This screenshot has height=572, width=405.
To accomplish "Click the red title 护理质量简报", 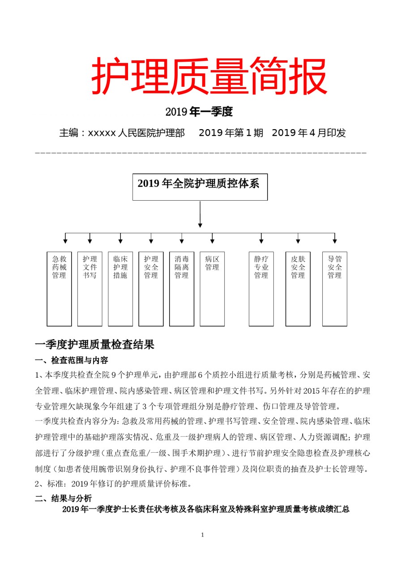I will pyautogui.click(x=209, y=76).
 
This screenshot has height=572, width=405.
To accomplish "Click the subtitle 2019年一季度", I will pyautogui.click(x=199, y=112).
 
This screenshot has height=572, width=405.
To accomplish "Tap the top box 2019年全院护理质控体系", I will pyautogui.click(x=200, y=186).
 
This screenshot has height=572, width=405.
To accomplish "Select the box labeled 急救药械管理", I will pyautogui.click(x=59, y=289).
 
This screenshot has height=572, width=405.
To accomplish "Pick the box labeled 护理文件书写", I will pyautogui.click(x=90, y=289).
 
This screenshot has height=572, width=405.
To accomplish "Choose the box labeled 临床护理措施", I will pyautogui.click(x=120, y=289).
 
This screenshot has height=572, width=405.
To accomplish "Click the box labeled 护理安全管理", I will pyautogui.click(x=151, y=289).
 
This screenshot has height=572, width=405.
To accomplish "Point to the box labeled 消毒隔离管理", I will pyautogui.click(x=182, y=289).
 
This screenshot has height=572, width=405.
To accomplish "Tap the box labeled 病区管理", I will pyautogui.click(x=212, y=289).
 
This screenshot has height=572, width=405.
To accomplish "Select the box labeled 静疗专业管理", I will pyautogui.click(x=261, y=289).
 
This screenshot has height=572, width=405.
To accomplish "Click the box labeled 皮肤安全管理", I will pyautogui.click(x=298, y=289).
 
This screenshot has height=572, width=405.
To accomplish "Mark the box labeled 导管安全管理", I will pyautogui.click(x=335, y=289).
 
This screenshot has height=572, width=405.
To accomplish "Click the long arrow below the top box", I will pyautogui.click(x=200, y=214).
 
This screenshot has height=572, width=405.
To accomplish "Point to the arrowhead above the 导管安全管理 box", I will pyautogui.click(x=335, y=241).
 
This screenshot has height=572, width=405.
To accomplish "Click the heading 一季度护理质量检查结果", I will pyautogui.click(x=94, y=345).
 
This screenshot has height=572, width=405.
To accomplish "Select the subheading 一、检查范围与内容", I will pyautogui.click(x=72, y=360).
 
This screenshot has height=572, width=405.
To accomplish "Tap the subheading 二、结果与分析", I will pyautogui.click(x=64, y=498).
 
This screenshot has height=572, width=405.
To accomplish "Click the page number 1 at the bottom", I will pyautogui.click(x=203, y=535).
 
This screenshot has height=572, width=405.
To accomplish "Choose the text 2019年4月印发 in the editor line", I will pyautogui.click(x=309, y=133).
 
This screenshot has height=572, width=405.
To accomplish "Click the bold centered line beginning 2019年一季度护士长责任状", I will pyautogui.click(x=205, y=509).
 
